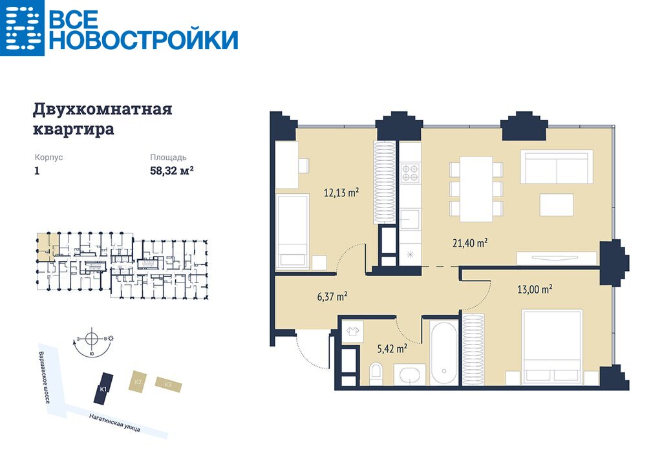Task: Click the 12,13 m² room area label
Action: pyautogui.click(x=341, y=193)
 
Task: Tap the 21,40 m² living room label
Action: pyautogui.click(x=470, y=243)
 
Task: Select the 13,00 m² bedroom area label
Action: pyautogui.click(x=535, y=289)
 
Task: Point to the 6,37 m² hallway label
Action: pyautogui.click(x=332, y=296)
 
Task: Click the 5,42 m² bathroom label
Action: pyautogui.click(x=392, y=348)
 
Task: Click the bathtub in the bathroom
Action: pyautogui.click(x=444, y=352)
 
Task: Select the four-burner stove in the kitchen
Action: pyautogui.click(x=410, y=173)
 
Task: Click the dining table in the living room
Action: pyautogui.click(x=476, y=189)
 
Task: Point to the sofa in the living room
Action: pyautogui.click(x=557, y=167)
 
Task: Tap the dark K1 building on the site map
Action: pyautogui.click(x=103, y=388)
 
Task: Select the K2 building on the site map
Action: pyautogui.click(x=138, y=381)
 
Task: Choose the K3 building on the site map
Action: pyautogui.click(x=169, y=385)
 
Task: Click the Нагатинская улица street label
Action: pyautogui.click(x=115, y=422)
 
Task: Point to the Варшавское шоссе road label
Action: pyautogui.click(x=44, y=377)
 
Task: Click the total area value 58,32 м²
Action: pyautogui.click(x=172, y=171)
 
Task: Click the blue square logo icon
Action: pyautogui.click(x=22, y=28)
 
